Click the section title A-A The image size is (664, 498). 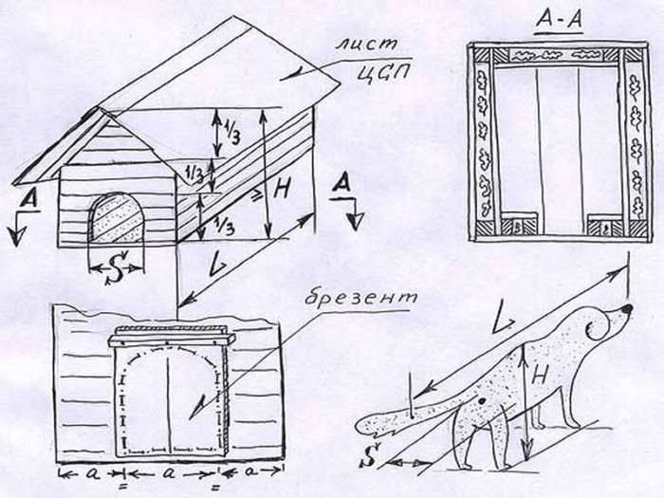[x=560, y=20]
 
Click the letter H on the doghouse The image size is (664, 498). [x=281, y=188]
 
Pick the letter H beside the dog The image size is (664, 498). [x=539, y=376]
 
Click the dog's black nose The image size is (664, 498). [x=627, y=309]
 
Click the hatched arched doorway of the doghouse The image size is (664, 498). [x=117, y=217]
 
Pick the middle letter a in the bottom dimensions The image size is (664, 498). [x=170, y=474]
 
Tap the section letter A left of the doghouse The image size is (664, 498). [x=28, y=199]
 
